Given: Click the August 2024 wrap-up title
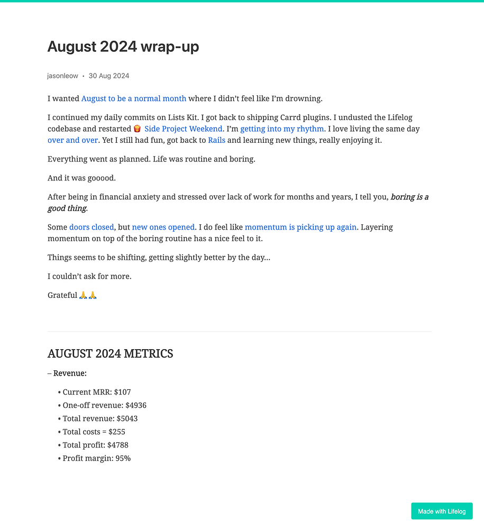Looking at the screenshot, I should (123, 47).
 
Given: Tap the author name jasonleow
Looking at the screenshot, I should (62, 76).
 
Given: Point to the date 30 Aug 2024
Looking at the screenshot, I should (109, 76).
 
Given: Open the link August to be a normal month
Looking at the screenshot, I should (134, 98).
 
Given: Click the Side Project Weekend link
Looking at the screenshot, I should (184, 129).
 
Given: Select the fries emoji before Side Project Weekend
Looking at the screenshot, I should (137, 129).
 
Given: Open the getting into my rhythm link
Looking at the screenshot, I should (282, 129).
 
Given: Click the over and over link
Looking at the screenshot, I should (72, 140).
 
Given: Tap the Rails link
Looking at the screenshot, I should (216, 140).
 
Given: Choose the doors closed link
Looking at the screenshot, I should (92, 227).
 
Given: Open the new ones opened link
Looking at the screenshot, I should (163, 227).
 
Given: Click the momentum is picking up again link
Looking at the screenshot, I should (300, 227).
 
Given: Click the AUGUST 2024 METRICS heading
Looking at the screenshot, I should (110, 353).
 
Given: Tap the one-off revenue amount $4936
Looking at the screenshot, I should (136, 405).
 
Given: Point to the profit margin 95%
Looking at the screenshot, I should (123, 458).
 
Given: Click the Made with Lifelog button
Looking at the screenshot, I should (442, 512).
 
